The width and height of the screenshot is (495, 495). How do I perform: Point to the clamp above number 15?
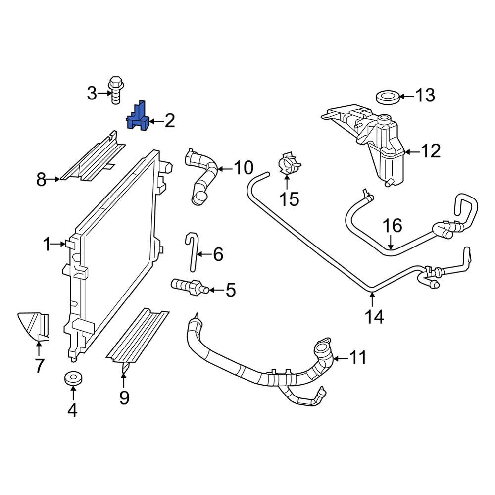(287, 164)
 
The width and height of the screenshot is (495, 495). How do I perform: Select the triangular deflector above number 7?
(34, 327)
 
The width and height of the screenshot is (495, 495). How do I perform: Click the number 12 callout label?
(429, 151)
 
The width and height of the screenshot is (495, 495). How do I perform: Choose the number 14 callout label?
(375, 316)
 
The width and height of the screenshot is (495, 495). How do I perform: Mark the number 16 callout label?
(394, 226)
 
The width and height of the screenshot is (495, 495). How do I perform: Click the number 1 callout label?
(47, 244)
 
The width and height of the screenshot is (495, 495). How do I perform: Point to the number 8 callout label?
(41, 179)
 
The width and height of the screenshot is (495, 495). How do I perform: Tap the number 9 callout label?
(123, 397)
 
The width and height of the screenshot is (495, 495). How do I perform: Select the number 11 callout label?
(357, 357)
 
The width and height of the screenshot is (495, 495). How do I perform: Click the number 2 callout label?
(169, 120)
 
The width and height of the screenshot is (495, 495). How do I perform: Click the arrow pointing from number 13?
(407, 96)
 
